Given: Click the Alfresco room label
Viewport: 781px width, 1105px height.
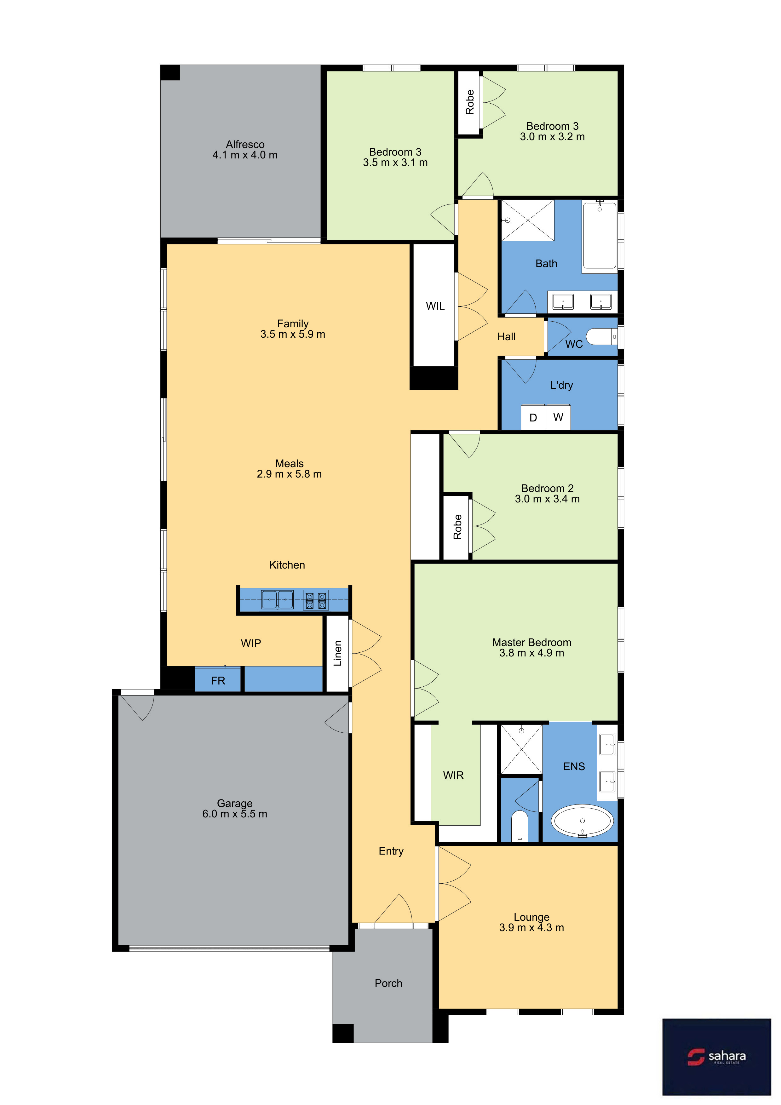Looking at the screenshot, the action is click(x=245, y=144).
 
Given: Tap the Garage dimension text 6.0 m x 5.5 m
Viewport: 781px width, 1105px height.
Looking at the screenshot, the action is click(x=234, y=814).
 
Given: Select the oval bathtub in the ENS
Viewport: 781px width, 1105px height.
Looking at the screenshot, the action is click(x=582, y=821).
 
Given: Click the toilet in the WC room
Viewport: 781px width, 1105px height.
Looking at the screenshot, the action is click(x=601, y=336).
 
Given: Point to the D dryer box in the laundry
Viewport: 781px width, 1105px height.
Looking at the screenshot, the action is click(x=533, y=417).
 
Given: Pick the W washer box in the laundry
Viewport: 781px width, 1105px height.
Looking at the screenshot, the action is click(x=558, y=417).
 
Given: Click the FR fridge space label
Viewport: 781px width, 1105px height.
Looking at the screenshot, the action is click(x=218, y=680).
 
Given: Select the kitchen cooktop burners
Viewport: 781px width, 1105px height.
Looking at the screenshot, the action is click(x=316, y=600).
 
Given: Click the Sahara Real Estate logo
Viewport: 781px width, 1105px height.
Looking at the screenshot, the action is click(x=716, y=1057).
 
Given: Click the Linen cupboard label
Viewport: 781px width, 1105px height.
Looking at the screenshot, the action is click(x=338, y=653).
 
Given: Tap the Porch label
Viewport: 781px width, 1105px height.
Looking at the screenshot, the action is click(x=388, y=983).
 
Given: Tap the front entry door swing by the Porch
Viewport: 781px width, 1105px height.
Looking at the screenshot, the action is click(x=393, y=909).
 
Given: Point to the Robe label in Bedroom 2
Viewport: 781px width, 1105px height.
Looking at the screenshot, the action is click(x=457, y=526).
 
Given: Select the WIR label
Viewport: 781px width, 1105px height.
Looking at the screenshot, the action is click(x=453, y=775).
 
